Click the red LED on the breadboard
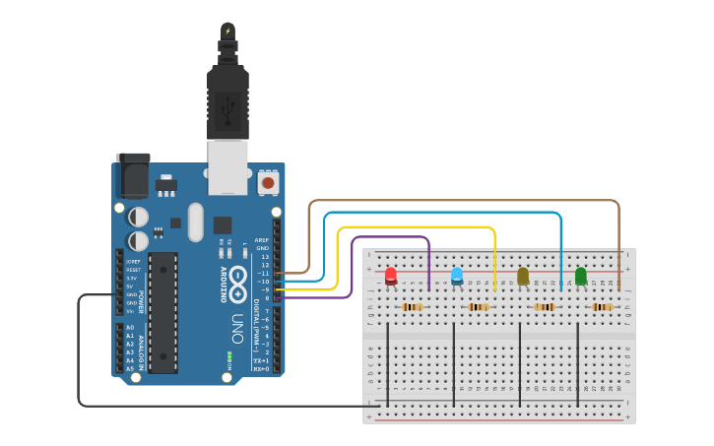(391, 275)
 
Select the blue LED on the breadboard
(457, 275)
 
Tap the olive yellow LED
(523, 276)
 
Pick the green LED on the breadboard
(581, 276)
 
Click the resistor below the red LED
(413, 307)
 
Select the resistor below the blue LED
(479, 307)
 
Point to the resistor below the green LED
(603, 307)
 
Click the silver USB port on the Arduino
(228, 166)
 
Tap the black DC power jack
(133, 174)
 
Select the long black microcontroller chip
(162, 312)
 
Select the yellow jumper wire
(414, 227)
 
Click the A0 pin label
(130, 327)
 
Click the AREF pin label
(261, 239)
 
